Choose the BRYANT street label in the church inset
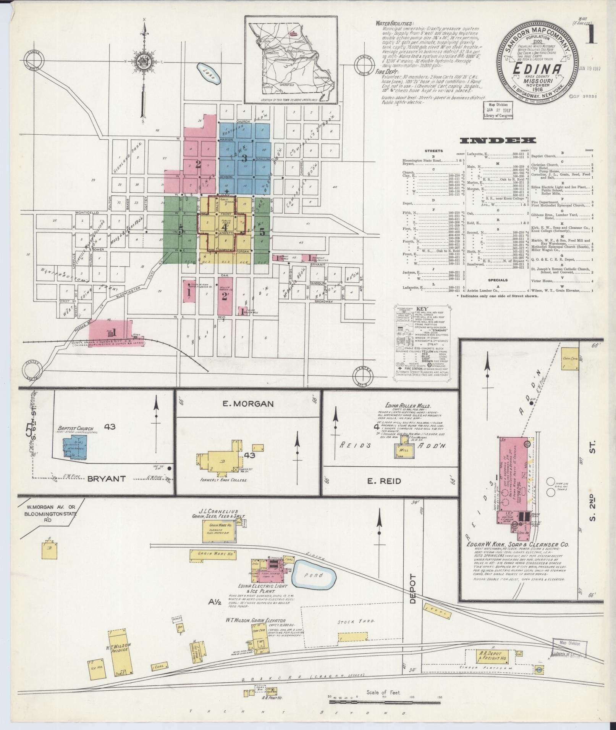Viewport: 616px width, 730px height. click(x=107, y=479)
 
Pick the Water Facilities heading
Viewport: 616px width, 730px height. click(x=394, y=23)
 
